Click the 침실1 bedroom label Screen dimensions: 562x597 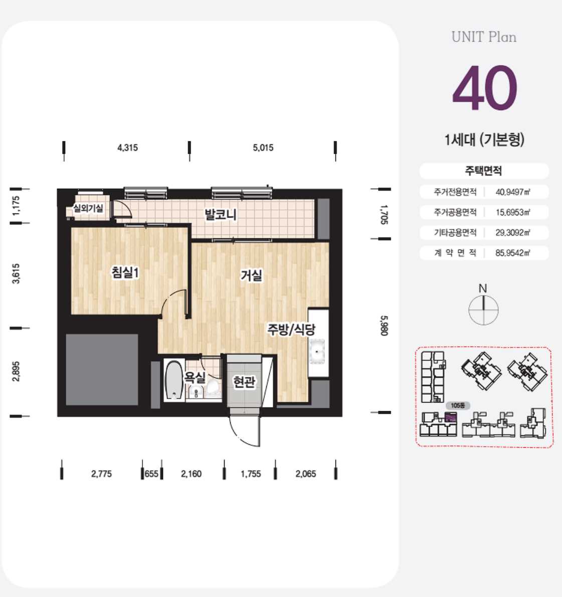click(125, 272)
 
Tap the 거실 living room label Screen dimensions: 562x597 click(252, 275)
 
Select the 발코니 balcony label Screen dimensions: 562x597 click(221, 214)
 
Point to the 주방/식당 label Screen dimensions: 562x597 click(291, 330)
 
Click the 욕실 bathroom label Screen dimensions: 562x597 click(195, 377)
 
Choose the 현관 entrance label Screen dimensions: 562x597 click(244, 381)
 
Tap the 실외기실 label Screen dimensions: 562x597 click(88, 208)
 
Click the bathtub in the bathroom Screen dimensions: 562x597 click(174, 380)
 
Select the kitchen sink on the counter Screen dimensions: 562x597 click(318, 352)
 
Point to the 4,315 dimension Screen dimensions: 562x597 click(128, 148)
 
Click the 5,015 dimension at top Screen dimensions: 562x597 click(263, 148)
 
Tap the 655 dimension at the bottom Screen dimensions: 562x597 click(151, 474)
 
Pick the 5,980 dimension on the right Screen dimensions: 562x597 click(384, 326)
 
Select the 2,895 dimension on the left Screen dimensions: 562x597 click(16, 371)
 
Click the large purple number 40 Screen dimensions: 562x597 click(485, 88)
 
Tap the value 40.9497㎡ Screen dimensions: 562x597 click(513, 192)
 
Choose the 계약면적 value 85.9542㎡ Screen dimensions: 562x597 click(513, 253)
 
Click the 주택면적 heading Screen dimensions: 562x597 click(483, 171)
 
